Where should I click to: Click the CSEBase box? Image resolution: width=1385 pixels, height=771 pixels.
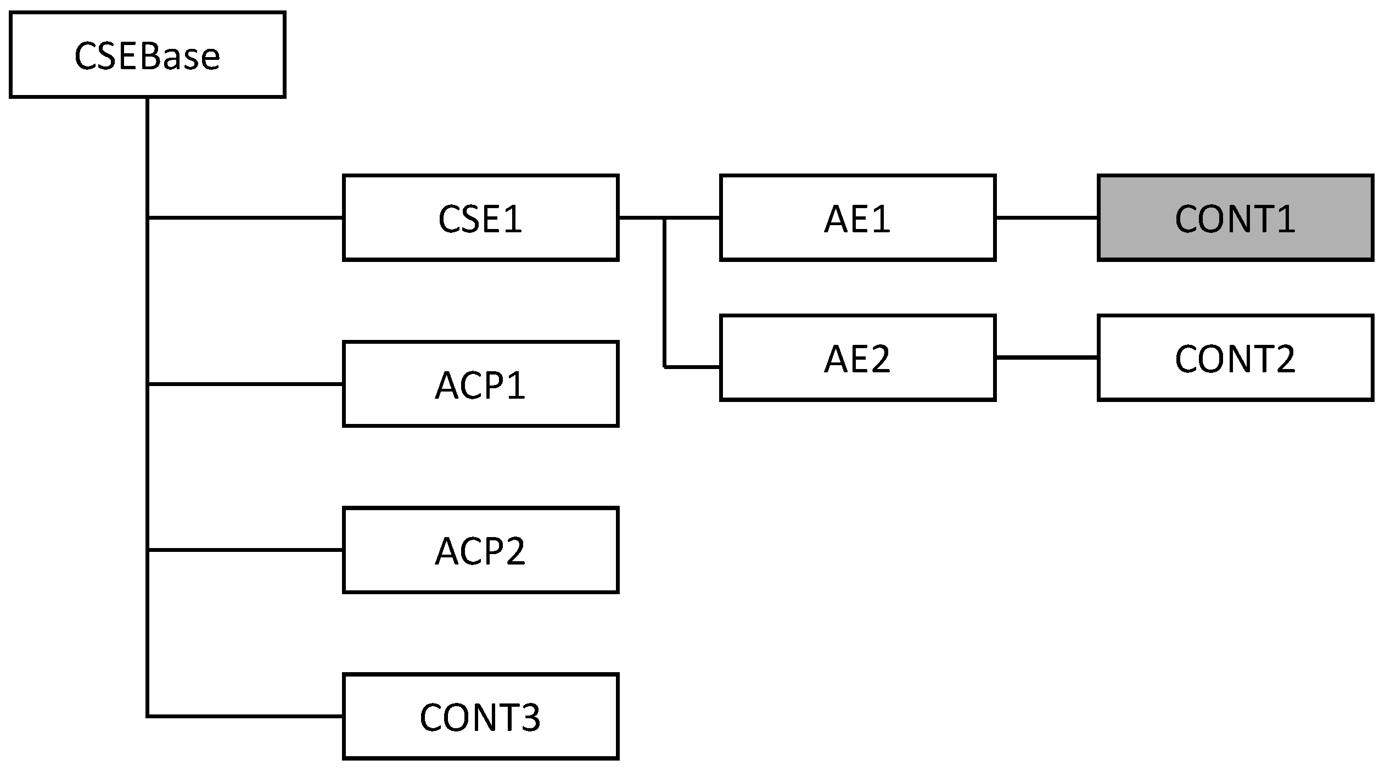[147, 55]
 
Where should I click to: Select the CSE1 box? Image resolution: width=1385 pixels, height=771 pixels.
[480, 218]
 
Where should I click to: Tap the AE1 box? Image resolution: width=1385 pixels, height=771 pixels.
[857, 218]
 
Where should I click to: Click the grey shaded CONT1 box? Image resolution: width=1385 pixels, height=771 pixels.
[1235, 218]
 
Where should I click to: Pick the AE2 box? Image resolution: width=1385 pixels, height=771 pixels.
[857, 358]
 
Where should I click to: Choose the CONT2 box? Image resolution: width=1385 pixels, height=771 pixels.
[1235, 358]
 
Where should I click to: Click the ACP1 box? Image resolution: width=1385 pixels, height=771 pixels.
[480, 384]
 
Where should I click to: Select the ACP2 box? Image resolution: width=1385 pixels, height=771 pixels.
[480, 550]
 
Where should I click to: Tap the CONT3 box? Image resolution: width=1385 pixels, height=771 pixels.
[480, 717]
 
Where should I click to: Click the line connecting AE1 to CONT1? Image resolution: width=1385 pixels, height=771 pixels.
[1046, 218]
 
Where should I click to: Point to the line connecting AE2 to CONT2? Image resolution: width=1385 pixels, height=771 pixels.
[1046, 357]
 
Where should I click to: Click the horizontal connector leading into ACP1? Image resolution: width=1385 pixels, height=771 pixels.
[245, 384]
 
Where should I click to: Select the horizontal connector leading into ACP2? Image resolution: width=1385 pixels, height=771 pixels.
[245, 549]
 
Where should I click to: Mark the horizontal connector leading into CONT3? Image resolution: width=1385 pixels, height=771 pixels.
[245, 716]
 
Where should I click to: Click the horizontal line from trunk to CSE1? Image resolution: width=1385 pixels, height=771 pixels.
[245, 218]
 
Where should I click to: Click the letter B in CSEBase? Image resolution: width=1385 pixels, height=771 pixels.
[152, 56]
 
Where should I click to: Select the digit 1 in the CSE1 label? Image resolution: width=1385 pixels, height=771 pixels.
[512, 219]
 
